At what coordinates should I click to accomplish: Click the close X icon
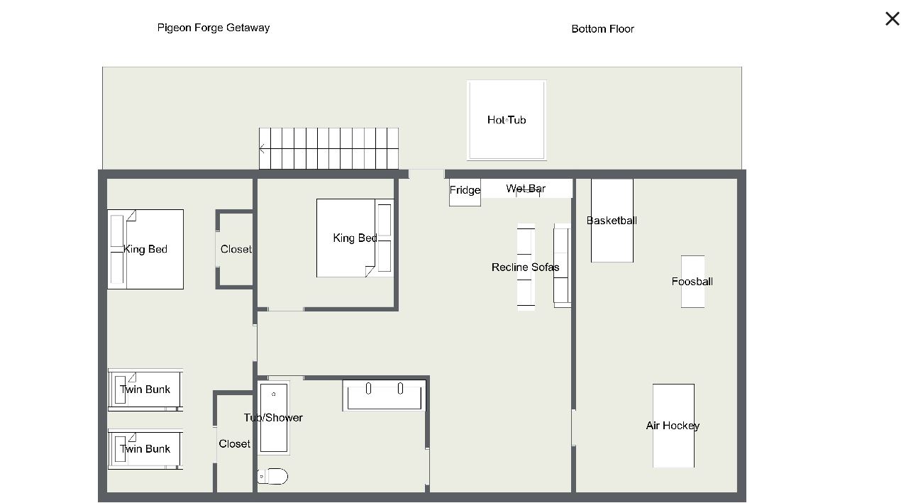(x=892, y=18)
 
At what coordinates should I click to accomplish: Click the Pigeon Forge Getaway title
(x=213, y=28)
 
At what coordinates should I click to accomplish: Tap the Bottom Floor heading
(x=602, y=29)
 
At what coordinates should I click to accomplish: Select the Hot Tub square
(x=507, y=120)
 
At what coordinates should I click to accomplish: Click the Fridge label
(x=465, y=190)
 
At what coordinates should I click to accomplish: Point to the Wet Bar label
(x=526, y=189)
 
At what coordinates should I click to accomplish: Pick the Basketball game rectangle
(x=612, y=221)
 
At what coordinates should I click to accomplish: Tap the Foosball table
(x=692, y=282)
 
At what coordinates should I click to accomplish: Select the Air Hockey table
(x=673, y=426)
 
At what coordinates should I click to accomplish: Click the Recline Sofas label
(x=525, y=267)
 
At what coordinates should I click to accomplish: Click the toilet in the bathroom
(x=272, y=477)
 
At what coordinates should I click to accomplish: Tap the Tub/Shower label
(x=273, y=418)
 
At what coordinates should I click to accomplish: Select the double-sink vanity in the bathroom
(x=384, y=395)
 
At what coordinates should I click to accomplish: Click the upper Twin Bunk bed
(x=145, y=389)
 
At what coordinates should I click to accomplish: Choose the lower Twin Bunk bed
(x=145, y=449)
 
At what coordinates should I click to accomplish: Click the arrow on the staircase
(x=262, y=149)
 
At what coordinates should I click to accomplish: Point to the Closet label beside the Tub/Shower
(x=234, y=444)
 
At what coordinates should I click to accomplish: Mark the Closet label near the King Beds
(x=236, y=249)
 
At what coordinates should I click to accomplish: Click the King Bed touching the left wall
(x=145, y=249)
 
